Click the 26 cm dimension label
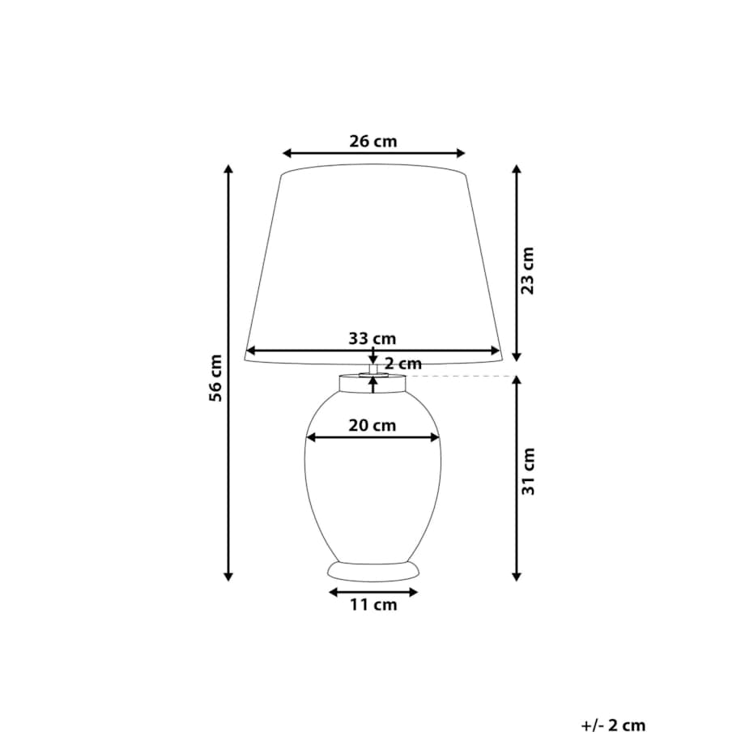(x=373, y=141)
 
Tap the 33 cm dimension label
(x=372, y=338)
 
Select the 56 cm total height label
(x=215, y=377)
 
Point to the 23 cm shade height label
(x=528, y=270)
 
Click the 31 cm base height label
(x=528, y=471)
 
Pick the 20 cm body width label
(x=372, y=425)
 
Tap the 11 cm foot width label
(x=373, y=605)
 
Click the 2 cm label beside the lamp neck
(x=403, y=364)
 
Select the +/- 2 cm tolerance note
(x=613, y=726)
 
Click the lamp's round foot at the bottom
(x=373, y=572)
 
